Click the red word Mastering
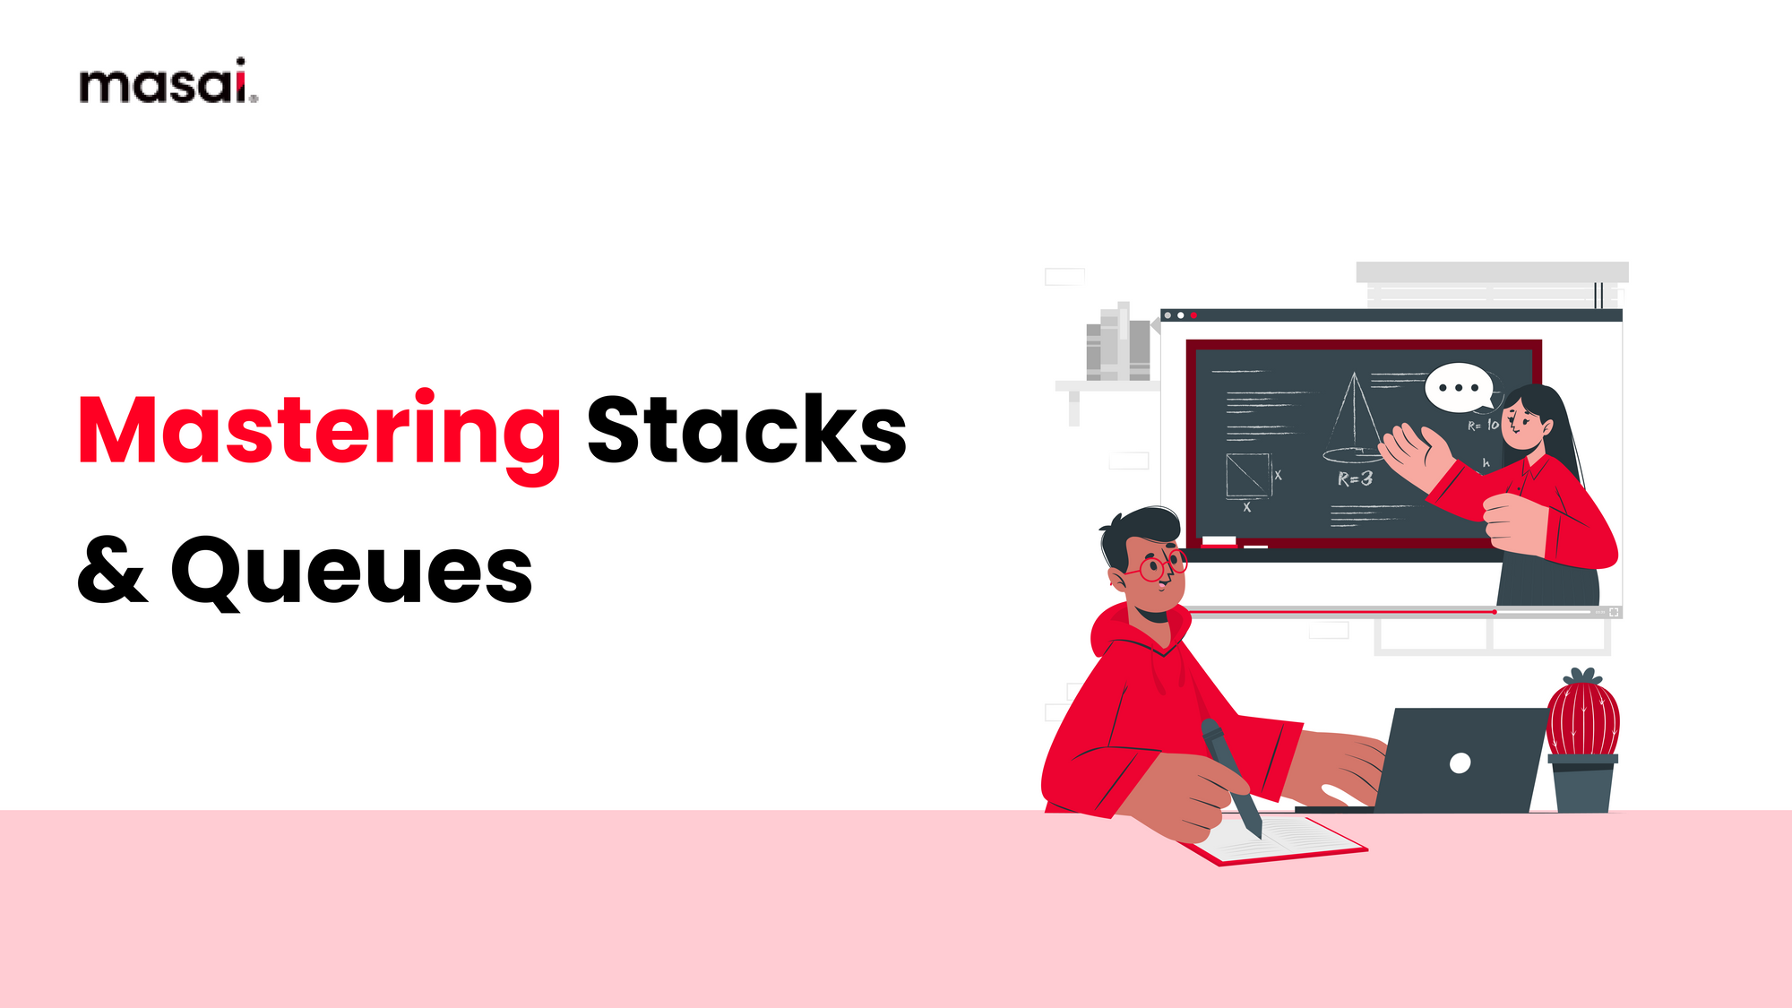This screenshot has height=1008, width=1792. click(319, 433)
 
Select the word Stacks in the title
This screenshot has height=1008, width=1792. click(745, 431)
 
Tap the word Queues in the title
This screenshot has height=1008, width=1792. click(351, 572)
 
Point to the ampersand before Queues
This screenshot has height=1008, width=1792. click(111, 570)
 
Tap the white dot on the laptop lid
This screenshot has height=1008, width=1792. click(1460, 762)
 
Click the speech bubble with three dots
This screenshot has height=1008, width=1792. click(1459, 387)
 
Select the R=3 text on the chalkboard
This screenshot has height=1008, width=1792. click(1355, 479)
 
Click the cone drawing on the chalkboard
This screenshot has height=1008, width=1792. click(1353, 418)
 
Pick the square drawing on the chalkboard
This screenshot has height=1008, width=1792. click(1248, 475)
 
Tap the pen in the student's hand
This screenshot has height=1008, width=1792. click(1231, 774)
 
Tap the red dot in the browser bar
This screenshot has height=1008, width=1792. click(1193, 315)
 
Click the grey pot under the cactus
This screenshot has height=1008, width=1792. click(1582, 785)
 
